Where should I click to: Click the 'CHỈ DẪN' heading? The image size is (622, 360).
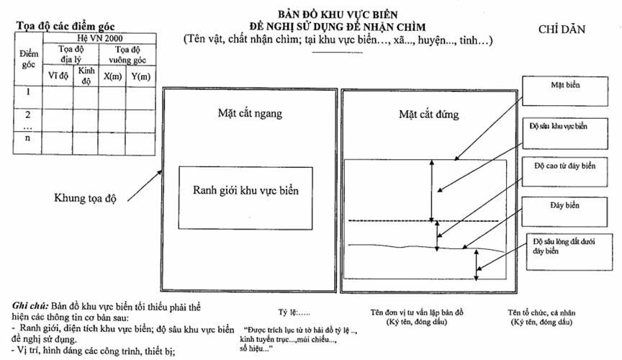562,30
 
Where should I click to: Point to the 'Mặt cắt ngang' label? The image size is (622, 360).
250,114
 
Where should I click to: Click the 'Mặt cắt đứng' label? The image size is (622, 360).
428,114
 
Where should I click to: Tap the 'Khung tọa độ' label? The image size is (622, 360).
85,198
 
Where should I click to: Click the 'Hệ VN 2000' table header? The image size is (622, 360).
99,38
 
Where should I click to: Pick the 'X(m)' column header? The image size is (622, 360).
112,76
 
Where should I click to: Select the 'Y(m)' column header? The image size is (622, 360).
141,76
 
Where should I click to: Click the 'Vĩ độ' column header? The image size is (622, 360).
58,76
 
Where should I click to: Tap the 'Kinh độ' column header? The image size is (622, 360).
86,76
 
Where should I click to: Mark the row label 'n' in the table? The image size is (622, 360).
27,138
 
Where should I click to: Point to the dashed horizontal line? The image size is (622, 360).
423,221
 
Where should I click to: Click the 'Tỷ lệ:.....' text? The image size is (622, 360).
294,312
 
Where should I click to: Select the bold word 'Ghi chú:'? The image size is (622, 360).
30,306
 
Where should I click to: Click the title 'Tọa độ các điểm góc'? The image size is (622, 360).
66,26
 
